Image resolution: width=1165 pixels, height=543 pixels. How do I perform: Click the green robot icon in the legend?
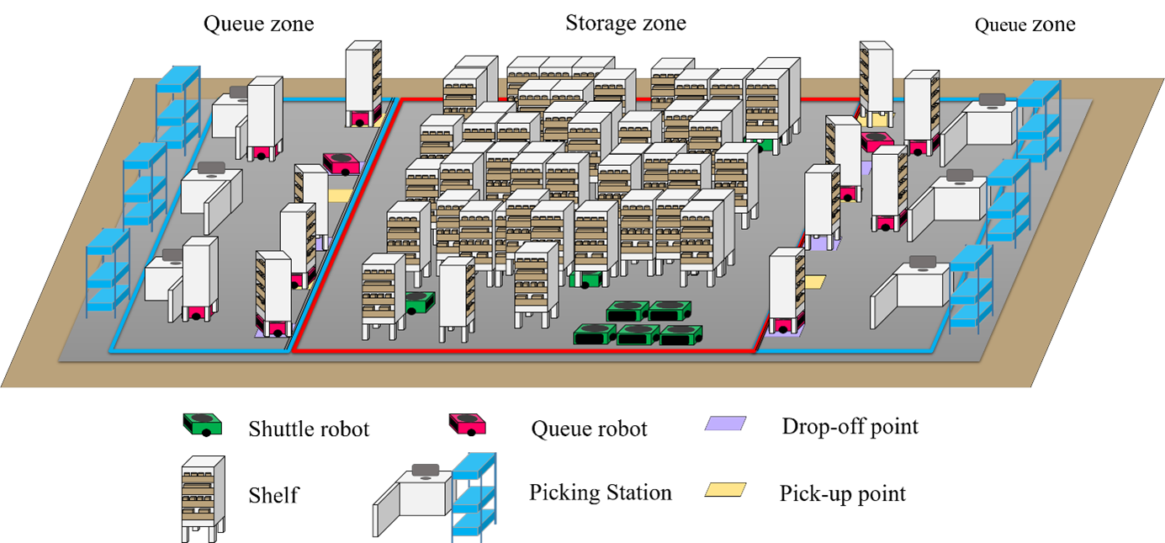(202, 423)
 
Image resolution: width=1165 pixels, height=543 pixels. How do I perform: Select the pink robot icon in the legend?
(467, 423)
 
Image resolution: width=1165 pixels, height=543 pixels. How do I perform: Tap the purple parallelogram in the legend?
(725, 423)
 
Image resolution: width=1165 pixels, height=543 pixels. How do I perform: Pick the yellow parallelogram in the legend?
(725, 489)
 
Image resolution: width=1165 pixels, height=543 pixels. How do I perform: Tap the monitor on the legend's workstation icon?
(426, 469)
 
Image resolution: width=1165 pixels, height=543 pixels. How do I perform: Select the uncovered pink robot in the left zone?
(342, 162)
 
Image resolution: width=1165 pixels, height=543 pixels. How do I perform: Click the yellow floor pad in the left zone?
(340, 195)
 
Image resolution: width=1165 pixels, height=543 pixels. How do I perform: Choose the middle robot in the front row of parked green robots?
(638, 334)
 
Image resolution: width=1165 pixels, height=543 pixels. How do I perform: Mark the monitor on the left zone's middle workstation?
(210, 168)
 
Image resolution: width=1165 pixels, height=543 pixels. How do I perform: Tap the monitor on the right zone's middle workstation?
(959, 175)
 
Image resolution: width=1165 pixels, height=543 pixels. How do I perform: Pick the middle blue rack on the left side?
(145, 186)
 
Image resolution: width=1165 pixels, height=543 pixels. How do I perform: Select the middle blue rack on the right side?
(1008, 203)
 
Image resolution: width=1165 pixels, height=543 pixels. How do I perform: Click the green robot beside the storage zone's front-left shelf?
(419, 302)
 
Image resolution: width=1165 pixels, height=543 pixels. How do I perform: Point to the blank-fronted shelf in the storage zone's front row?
(456, 299)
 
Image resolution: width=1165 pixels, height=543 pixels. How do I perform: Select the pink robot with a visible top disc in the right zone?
(876, 141)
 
